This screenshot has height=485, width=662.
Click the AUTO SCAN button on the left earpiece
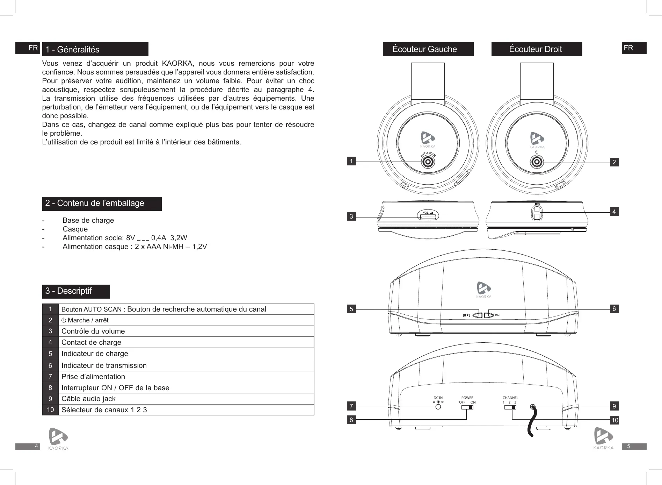[x=427, y=162]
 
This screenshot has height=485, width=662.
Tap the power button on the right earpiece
[x=537, y=162]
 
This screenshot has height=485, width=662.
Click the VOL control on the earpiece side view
[x=428, y=217]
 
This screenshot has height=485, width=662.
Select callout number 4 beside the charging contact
[x=614, y=212]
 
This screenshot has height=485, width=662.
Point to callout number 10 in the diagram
[x=614, y=420]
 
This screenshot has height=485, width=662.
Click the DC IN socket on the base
[x=438, y=407]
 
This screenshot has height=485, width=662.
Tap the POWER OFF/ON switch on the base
[x=467, y=407]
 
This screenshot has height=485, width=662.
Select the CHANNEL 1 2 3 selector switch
[x=510, y=407]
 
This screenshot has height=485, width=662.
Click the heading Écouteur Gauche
[x=424, y=49]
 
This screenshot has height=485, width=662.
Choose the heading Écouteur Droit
[x=535, y=49]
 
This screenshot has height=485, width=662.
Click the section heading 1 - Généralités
[x=73, y=50]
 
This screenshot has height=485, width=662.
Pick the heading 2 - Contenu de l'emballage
[x=95, y=204]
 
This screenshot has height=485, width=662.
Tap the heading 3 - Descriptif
[x=68, y=291]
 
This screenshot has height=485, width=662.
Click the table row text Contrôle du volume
[x=93, y=331]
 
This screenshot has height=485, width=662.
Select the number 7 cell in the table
[x=51, y=377]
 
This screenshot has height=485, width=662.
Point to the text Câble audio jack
[x=88, y=399]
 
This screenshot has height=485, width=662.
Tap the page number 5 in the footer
[x=628, y=447]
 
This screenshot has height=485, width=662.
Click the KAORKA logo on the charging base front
[x=484, y=290]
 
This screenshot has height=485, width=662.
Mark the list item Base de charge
[x=88, y=220]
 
